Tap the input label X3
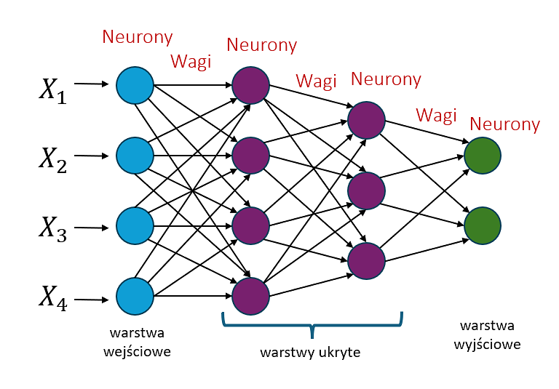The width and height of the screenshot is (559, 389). click(52, 229)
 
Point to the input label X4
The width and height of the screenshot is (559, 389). click(52, 298)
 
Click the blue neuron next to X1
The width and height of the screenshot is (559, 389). click(135, 85)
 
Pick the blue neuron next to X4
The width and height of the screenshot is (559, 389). click(135, 296)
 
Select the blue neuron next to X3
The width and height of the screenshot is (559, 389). click(135, 225)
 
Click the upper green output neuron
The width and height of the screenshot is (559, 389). click(483, 155)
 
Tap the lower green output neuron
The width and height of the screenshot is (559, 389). click(483, 225)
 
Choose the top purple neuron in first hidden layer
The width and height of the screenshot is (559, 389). click(251, 85)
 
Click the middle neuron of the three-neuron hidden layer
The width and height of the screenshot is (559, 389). click(366, 190)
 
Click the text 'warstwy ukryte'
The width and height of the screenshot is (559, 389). click(310, 353)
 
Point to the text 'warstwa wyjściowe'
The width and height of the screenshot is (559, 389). click(490, 334)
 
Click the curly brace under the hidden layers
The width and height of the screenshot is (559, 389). click(312, 324)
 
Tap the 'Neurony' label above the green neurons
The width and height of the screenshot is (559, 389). click(505, 124)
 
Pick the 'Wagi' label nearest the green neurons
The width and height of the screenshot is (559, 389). click(436, 114)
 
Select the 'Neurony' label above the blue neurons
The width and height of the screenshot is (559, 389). click(138, 36)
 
